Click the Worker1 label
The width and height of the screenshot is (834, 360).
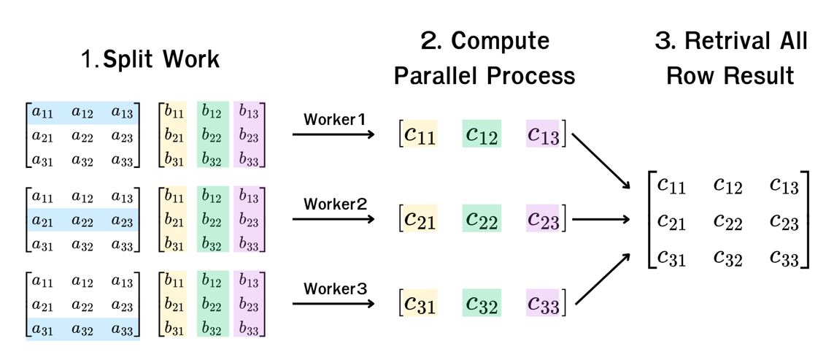pyautogui.click(x=334, y=120)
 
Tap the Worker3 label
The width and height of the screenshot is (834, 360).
pyautogui.click(x=334, y=289)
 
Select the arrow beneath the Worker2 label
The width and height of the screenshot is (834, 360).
pyautogui.click(x=333, y=219)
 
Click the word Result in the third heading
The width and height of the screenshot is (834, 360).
pyautogui.click(x=762, y=77)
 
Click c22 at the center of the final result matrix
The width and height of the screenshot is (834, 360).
pyautogui.click(x=727, y=221)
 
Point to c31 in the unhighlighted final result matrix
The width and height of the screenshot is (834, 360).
pyautogui.click(x=671, y=258)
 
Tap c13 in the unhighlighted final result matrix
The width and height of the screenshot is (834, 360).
pyautogui.click(x=784, y=185)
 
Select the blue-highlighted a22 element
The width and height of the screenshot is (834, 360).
pyautogui.click(x=82, y=221)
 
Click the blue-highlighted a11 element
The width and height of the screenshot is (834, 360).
pyautogui.click(x=43, y=112)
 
